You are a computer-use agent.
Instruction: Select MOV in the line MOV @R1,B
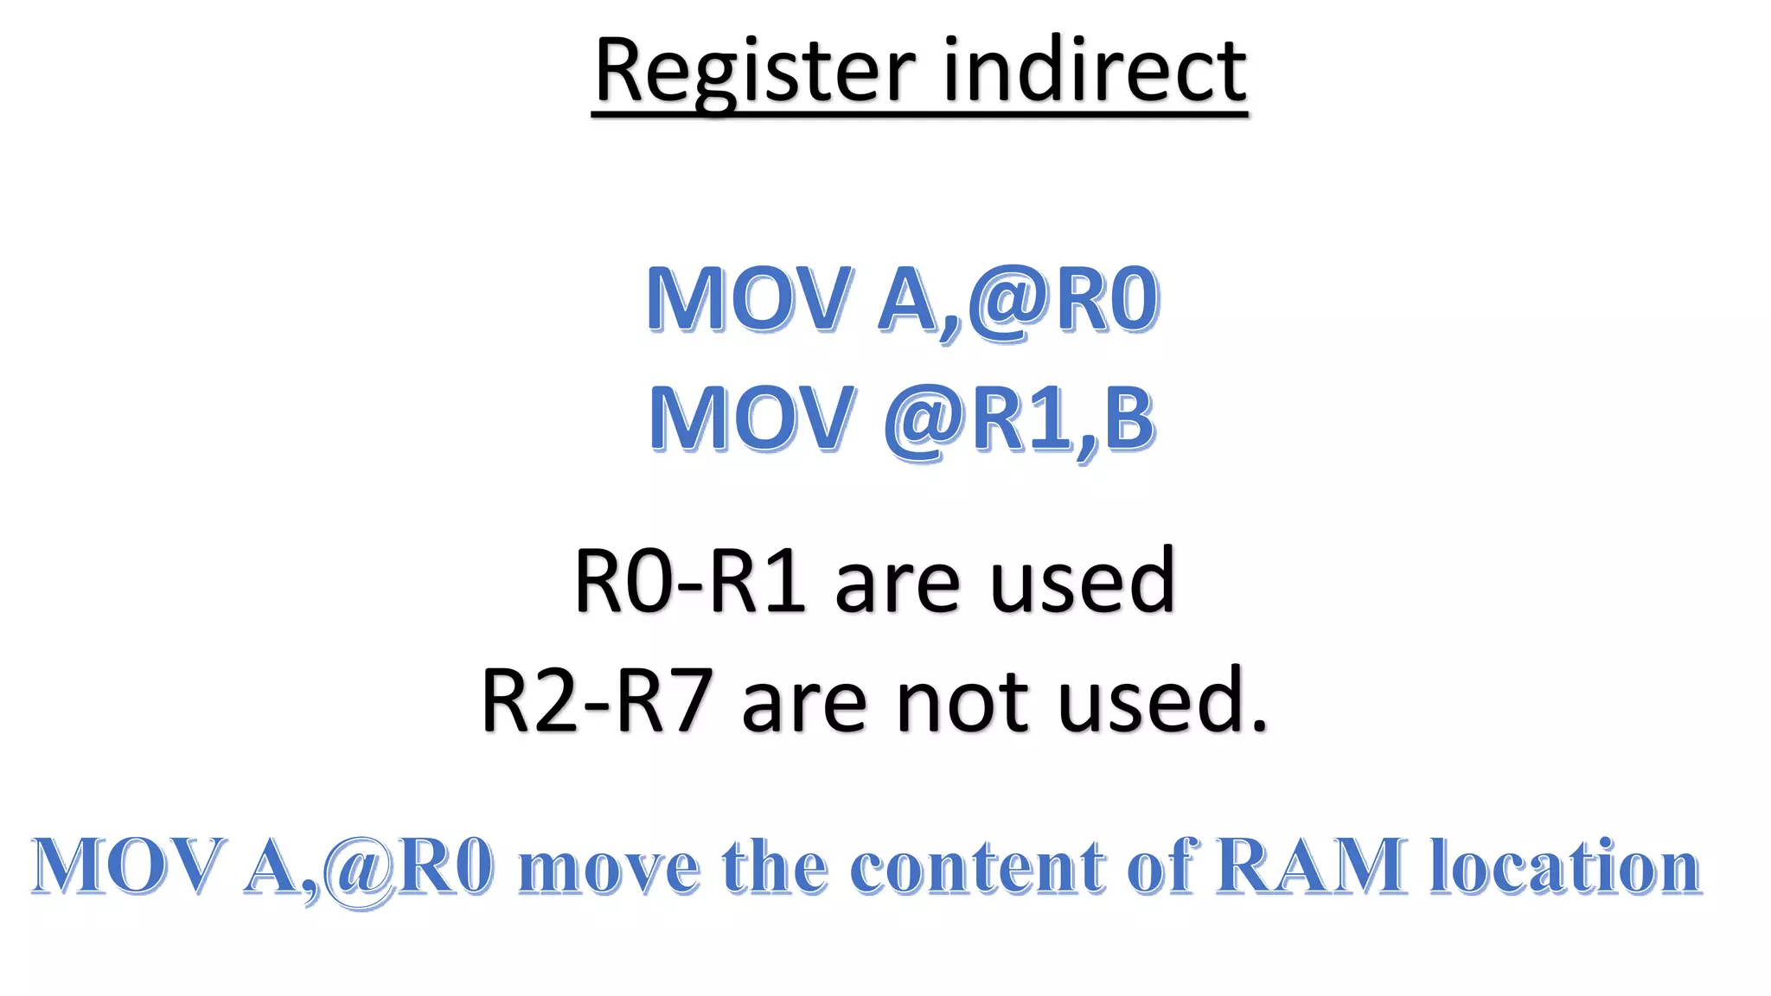click(751, 419)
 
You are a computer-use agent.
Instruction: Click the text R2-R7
click(597, 701)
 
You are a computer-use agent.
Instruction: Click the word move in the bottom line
click(609, 867)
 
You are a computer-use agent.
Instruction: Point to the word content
click(978, 867)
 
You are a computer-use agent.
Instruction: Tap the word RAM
click(1311, 865)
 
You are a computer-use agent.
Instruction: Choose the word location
click(1565, 865)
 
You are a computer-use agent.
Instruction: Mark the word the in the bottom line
click(774, 865)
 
